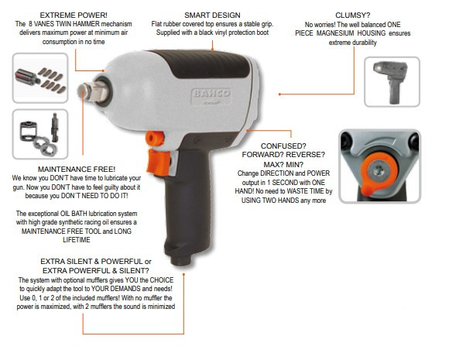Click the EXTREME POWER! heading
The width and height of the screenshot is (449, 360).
click(x=74, y=15)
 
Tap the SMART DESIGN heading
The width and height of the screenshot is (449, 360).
click(x=212, y=15)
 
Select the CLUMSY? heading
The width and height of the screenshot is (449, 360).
click(x=352, y=15)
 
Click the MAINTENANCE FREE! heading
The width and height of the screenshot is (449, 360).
click(x=77, y=169)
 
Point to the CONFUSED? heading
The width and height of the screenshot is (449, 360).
click(x=283, y=146)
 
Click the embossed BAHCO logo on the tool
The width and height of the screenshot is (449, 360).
click(x=211, y=94)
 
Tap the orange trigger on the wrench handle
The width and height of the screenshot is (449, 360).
click(x=158, y=162)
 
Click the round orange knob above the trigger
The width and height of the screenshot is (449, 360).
click(x=155, y=139)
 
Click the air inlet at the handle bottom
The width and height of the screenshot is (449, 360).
click(x=180, y=261)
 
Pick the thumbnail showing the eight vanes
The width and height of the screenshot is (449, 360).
click(x=40, y=78)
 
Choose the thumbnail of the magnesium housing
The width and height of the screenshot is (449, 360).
click(x=392, y=81)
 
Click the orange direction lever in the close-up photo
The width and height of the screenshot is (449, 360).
click(x=379, y=173)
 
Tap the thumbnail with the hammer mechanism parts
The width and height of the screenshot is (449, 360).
click(x=40, y=134)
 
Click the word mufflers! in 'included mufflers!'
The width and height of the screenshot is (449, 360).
click(x=107, y=298)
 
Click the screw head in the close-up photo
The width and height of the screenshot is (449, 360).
click(x=379, y=170)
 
